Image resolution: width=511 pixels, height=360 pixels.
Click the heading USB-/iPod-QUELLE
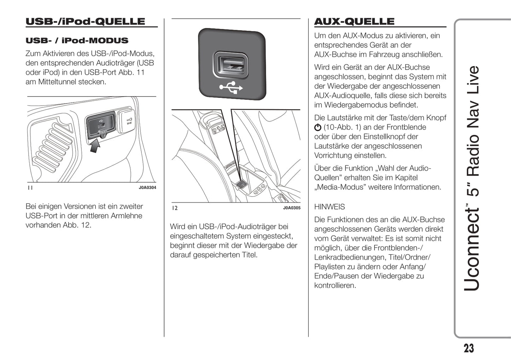click(x=85, y=22)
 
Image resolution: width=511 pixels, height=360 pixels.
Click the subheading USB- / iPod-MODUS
click(x=77, y=41)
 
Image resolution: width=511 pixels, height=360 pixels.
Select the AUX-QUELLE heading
click(x=354, y=22)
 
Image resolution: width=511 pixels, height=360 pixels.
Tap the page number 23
click(x=469, y=348)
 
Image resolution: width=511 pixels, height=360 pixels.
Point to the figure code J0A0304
click(x=147, y=188)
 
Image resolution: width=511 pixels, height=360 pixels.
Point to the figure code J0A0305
click(x=291, y=208)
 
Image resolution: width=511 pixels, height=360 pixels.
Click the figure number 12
click(x=175, y=208)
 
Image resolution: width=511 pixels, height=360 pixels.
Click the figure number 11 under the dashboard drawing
click(x=30, y=188)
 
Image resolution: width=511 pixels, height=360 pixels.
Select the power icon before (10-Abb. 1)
click(x=318, y=128)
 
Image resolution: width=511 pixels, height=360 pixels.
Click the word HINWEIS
click(x=329, y=207)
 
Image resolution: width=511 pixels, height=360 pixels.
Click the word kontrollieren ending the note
click(x=335, y=285)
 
